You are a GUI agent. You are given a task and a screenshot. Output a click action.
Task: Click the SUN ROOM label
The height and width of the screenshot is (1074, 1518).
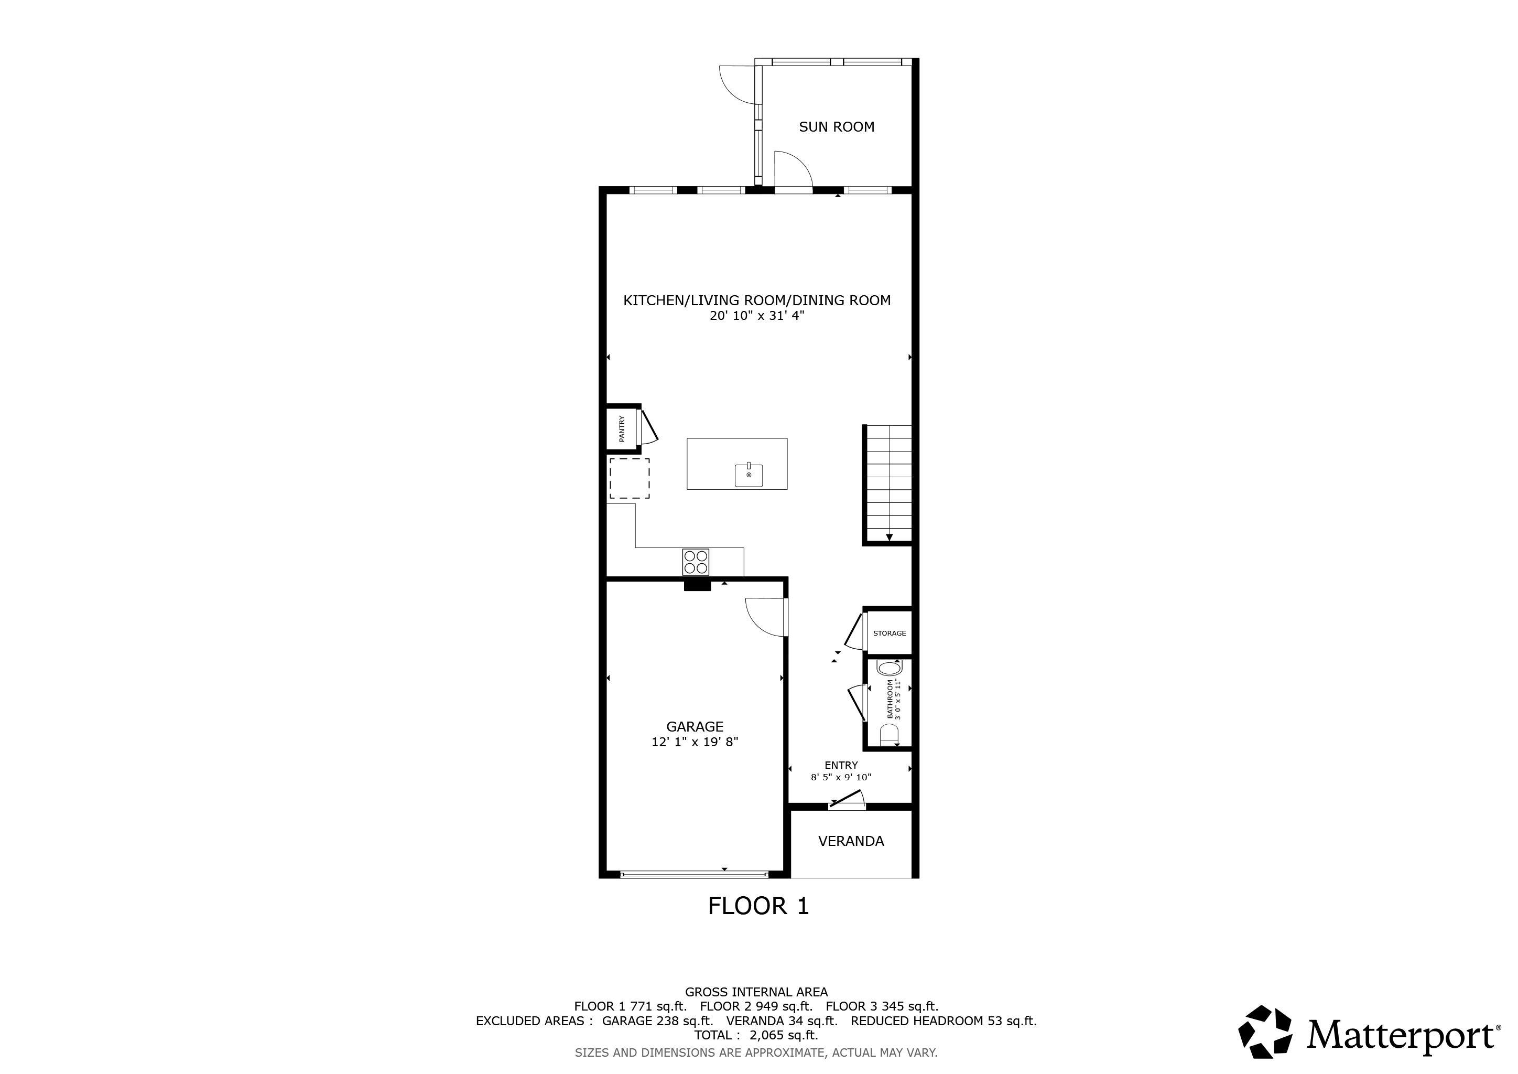(x=837, y=126)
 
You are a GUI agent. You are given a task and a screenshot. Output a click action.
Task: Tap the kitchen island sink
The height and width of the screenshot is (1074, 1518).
(x=749, y=474)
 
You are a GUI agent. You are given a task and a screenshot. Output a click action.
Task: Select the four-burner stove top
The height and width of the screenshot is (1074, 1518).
(x=696, y=562)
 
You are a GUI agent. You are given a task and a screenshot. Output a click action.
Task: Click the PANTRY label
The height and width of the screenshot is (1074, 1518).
(x=622, y=428)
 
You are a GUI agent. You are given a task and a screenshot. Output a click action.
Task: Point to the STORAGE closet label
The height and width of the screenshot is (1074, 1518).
(x=889, y=633)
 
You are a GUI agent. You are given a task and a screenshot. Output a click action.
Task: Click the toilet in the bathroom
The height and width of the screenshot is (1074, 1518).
(x=890, y=735)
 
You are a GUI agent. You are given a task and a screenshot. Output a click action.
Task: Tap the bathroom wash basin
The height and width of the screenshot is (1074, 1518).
(x=888, y=667)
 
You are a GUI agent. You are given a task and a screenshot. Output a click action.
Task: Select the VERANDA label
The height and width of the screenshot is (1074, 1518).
(x=851, y=841)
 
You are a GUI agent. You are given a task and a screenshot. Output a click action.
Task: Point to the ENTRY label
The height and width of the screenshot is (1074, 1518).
(x=841, y=765)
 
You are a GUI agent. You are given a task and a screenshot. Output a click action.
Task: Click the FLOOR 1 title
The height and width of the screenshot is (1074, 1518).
(x=758, y=905)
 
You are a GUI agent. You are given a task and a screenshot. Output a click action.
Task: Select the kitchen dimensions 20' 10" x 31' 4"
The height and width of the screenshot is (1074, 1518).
(x=757, y=316)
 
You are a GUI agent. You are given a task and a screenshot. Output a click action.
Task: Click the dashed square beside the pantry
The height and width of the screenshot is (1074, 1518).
(x=629, y=478)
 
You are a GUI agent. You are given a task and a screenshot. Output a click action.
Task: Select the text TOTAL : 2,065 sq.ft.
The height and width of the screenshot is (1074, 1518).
(x=756, y=1035)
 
